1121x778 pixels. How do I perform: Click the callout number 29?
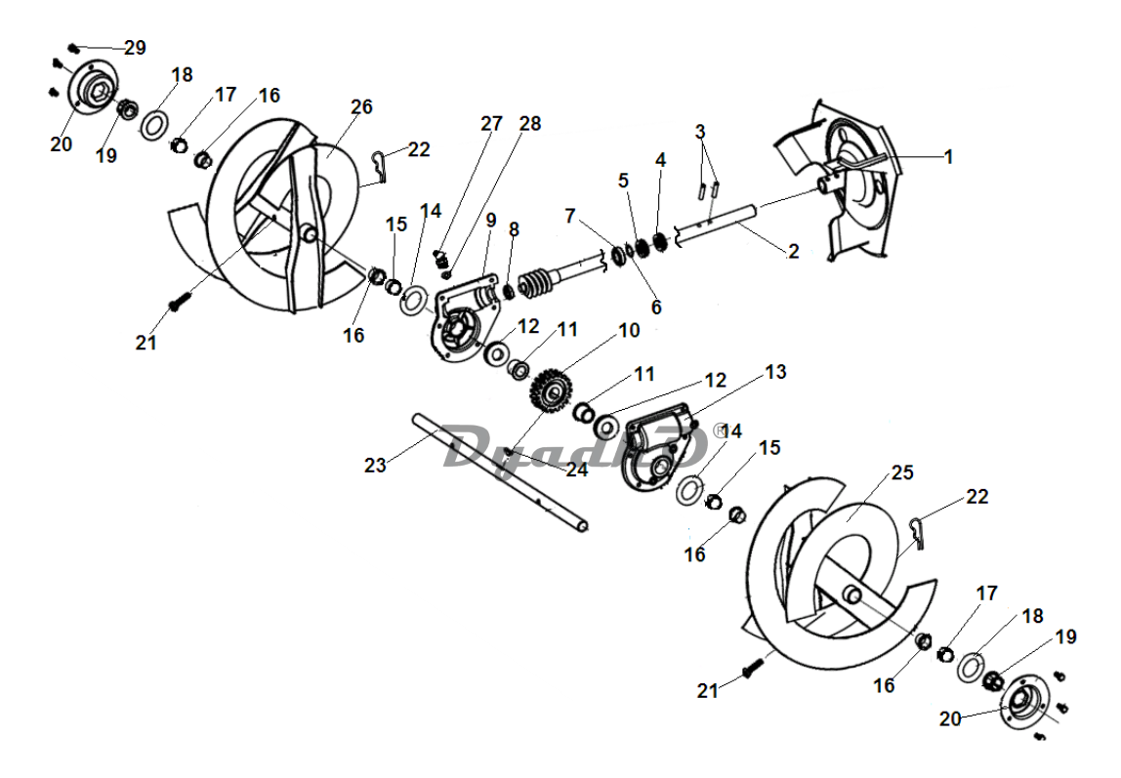click(x=135, y=48)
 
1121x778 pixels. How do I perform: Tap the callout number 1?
click(x=949, y=157)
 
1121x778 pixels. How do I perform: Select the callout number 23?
click(x=375, y=465)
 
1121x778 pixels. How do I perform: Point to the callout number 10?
click(x=629, y=330)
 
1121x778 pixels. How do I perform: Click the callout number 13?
click(x=775, y=372)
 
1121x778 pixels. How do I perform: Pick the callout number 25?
click(x=903, y=472)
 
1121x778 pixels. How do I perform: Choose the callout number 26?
click(x=361, y=106)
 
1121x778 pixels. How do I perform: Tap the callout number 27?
click(x=492, y=124)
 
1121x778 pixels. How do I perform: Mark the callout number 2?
click(x=794, y=251)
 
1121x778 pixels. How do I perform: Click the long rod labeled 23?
click(x=500, y=471)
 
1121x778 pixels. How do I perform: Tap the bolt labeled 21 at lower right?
click(x=751, y=670)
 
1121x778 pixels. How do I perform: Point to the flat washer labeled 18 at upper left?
click(x=152, y=125)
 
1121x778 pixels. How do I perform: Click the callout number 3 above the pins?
click(x=700, y=132)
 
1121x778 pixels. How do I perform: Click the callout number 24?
click(x=577, y=470)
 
